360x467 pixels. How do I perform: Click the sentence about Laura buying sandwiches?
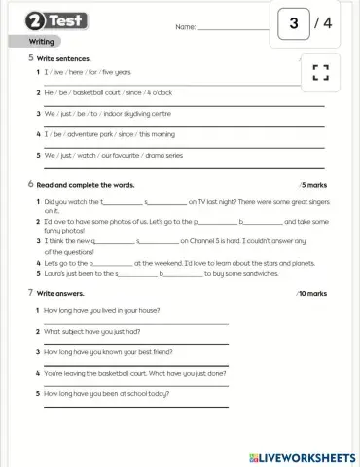point(146,274)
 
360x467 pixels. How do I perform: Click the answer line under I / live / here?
point(175,82)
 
